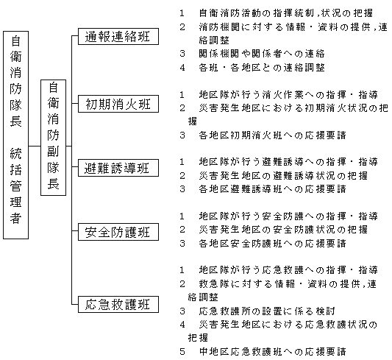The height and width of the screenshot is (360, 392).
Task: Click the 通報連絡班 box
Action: pyautogui.click(x=118, y=37)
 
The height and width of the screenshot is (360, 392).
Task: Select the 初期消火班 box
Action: pyautogui.click(x=118, y=104)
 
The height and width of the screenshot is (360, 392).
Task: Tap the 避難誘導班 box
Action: pyautogui.click(x=118, y=168)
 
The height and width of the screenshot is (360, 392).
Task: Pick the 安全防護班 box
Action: pyautogui.click(x=118, y=232)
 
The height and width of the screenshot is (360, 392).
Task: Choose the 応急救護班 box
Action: pyautogui.click(x=118, y=304)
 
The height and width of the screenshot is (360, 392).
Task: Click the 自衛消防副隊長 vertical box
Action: pyautogui.click(x=53, y=138)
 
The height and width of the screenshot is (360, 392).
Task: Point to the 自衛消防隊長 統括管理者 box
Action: pyautogui.click(x=15, y=135)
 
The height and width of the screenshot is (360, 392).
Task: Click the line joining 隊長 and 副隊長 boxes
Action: pyautogui.click(x=35, y=146)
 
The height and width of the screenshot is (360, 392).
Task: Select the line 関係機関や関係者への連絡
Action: pyautogui.click(x=262, y=54)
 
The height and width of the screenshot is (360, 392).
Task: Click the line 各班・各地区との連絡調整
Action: pyautogui.click(x=262, y=67)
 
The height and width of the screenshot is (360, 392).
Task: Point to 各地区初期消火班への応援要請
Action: pyautogui.click(x=273, y=135)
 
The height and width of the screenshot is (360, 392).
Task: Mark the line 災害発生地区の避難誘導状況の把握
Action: pyautogui.click(x=283, y=176)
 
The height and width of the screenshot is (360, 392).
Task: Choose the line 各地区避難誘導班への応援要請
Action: pyautogui.click(x=273, y=189)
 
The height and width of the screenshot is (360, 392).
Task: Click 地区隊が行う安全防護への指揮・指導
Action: pyautogui.click(x=288, y=216)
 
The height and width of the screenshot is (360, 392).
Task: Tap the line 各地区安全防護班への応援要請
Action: pyautogui.click(x=273, y=243)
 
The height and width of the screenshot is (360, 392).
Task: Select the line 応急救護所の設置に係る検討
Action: pyautogui.click(x=267, y=311)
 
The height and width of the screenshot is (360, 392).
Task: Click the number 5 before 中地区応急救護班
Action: pyautogui.click(x=182, y=352)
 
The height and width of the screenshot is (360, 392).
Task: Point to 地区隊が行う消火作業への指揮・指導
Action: pyautogui.click(x=288, y=94)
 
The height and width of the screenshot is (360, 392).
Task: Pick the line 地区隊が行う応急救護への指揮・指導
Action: pyautogui.click(x=288, y=270)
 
